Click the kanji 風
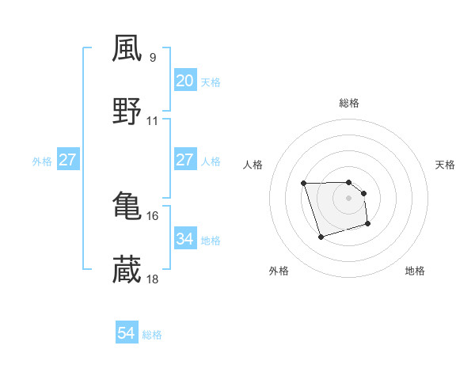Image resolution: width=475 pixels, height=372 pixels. (127, 48)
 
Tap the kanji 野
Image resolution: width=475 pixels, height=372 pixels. (127, 112)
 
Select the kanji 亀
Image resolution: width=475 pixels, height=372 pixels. (127, 206)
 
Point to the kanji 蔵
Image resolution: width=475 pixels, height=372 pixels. (127, 270)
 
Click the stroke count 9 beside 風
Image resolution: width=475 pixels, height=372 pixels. (153, 57)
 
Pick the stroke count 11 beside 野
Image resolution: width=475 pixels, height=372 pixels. (153, 121)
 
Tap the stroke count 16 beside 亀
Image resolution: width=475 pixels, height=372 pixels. (153, 215)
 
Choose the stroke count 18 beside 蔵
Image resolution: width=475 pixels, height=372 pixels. (153, 279)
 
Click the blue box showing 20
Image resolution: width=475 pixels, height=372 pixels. (184, 81)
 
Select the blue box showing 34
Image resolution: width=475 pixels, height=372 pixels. (184, 238)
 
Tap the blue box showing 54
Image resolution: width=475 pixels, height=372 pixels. (126, 334)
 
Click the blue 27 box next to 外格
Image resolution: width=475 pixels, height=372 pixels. (68, 160)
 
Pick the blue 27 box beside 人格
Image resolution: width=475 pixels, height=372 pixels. (184, 160)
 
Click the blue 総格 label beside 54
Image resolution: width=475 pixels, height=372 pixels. (152, 335)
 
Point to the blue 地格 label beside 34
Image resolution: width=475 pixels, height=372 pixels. (211, 239)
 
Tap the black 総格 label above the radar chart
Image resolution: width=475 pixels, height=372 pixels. (349, 103)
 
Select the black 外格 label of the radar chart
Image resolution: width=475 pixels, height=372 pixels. (279, 271)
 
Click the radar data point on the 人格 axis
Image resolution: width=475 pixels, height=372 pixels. (304, 184)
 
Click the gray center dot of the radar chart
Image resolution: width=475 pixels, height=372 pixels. (349, 197)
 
